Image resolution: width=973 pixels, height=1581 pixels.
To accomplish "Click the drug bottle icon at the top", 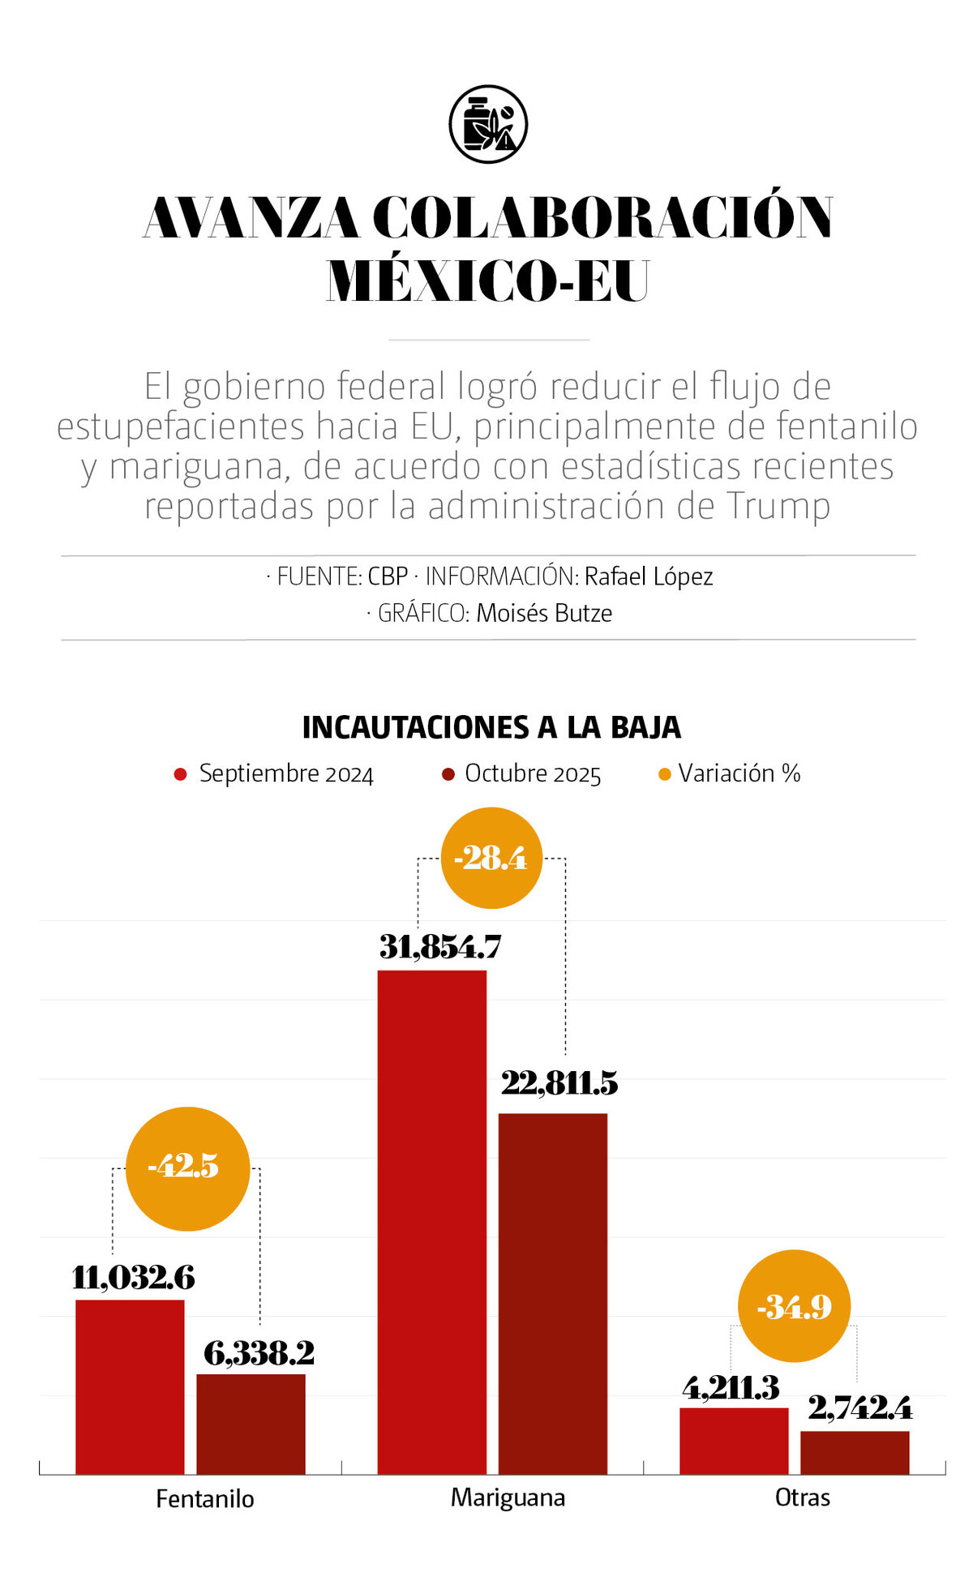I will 488,124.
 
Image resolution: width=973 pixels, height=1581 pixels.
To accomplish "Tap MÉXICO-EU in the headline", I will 488,281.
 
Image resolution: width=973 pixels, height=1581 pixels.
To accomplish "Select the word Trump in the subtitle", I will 778,506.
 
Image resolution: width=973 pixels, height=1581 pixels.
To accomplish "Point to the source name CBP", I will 388,576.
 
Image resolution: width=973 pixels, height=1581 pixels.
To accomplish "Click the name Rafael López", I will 649,576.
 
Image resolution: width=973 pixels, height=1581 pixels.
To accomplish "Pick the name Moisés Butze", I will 544,613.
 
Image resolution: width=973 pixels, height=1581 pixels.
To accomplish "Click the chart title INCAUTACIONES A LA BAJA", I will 491,727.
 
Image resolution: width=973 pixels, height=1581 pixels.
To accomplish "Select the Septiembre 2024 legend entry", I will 274,773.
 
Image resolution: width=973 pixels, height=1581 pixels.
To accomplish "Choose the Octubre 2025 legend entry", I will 522,773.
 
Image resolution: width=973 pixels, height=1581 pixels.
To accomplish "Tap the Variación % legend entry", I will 730,773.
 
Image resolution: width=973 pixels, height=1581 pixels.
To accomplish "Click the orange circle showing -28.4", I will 491,858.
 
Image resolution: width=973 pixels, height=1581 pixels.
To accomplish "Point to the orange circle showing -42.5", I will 187,1168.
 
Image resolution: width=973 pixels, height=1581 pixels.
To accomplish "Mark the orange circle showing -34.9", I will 794,1305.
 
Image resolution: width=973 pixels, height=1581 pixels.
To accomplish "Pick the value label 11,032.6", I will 134,1279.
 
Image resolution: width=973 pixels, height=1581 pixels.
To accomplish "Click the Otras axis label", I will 802,1497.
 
